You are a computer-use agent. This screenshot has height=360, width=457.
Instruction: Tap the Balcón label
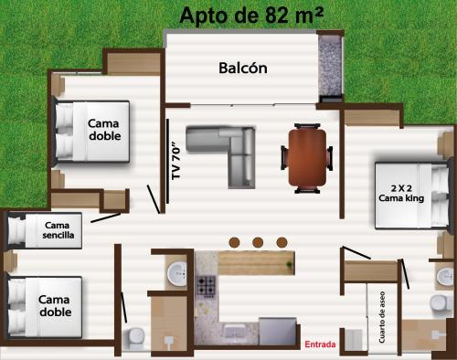242,68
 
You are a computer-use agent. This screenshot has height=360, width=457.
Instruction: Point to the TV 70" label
175,161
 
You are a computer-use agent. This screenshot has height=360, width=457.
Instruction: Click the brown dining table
305,156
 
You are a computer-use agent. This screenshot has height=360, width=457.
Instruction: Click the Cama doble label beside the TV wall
104,130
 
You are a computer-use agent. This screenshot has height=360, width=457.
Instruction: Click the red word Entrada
319,344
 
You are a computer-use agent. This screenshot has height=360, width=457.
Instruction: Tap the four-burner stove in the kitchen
206,287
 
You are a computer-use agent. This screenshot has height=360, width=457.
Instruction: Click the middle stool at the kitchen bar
258,242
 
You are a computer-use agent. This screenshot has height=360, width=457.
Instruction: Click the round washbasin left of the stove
177,271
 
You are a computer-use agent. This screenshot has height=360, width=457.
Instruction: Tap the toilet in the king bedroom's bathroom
442,275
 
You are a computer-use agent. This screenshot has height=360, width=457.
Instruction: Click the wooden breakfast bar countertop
257,263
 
